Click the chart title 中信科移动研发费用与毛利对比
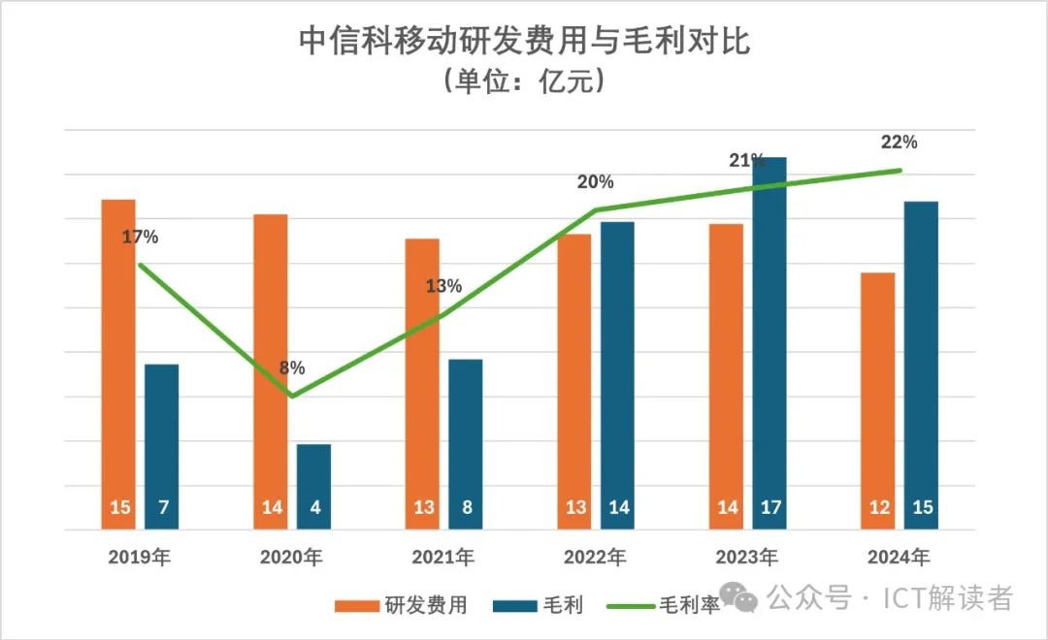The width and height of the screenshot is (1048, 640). coord(524,42)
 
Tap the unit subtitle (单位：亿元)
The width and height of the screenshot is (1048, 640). coord(524,81)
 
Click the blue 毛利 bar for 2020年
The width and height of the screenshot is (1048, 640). coord(313,485)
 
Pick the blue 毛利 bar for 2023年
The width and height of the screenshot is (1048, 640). coord(769,339)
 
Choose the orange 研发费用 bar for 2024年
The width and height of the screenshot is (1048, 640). coord(878,398)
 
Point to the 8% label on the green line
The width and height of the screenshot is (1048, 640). coord(292,368)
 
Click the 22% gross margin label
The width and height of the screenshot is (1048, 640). coord(899,142)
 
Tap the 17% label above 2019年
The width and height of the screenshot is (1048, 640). coord(140,236)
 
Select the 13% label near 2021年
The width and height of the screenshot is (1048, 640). coord(443,286)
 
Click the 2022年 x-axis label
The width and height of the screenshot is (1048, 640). coord(592,558)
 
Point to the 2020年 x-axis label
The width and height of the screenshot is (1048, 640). coord(291,558)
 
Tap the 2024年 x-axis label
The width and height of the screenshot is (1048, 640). coord(898,558)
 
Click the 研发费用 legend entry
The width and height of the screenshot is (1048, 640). coord(402,606)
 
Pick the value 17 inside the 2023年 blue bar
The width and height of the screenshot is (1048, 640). coord(770,507)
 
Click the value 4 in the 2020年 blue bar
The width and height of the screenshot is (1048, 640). coord(314,507)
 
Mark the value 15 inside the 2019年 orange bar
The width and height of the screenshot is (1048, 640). coord(118,507)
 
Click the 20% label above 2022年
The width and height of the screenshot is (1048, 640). coord(594,182)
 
